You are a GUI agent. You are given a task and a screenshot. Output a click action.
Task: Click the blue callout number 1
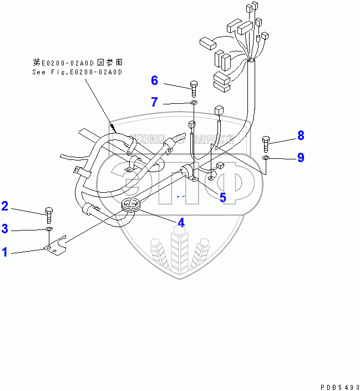(x=5, y=252)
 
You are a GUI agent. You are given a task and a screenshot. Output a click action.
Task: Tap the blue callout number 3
(x=5, y=228)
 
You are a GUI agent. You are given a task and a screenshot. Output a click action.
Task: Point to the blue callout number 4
(x=180, y=223)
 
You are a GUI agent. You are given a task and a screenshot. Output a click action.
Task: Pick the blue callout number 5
(x=222, y=197)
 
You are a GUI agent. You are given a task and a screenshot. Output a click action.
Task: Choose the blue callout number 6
(x=155, y=81)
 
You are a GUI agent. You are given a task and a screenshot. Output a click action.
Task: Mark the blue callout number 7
(x=155, y=102)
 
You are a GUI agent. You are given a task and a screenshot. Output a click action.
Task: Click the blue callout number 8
(x=301, y=135)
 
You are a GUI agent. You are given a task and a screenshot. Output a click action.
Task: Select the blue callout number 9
(x=301, y=158)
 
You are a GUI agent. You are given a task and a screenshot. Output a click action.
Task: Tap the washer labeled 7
(x=193, y=103)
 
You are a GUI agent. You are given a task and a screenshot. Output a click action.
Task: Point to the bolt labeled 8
(x=266, y=144)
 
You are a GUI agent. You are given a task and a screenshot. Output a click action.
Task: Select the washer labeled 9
(x=266, y=159)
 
